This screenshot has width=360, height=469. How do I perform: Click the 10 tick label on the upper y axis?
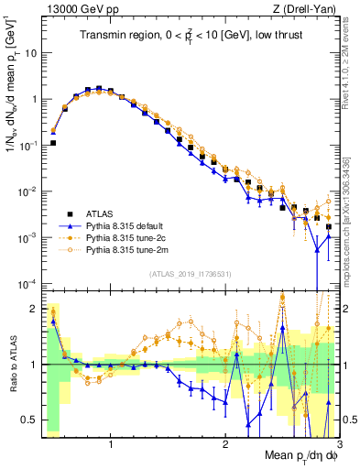point(31,53)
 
